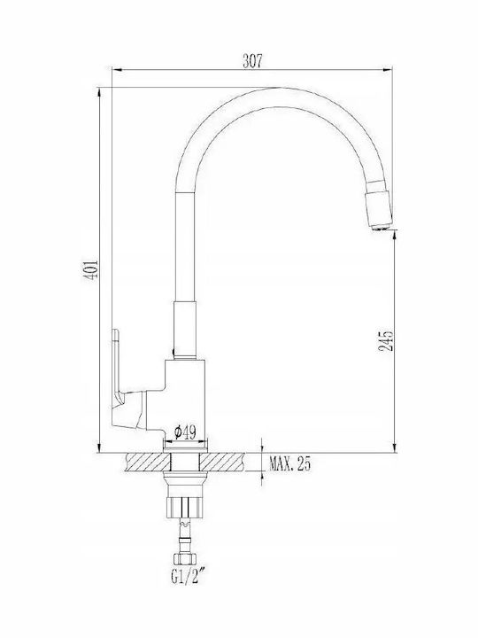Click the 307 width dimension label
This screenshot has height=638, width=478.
(252, 61)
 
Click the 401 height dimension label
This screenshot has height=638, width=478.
(91, 269)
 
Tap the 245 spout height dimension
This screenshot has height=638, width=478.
(386, 340)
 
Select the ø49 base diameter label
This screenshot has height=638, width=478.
(185, 432)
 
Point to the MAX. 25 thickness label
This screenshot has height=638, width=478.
(289, 463)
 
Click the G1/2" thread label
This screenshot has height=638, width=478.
(187, 577)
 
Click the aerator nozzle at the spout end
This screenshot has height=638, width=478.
(379, 209)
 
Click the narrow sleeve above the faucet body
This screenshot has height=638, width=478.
(185, 331)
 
